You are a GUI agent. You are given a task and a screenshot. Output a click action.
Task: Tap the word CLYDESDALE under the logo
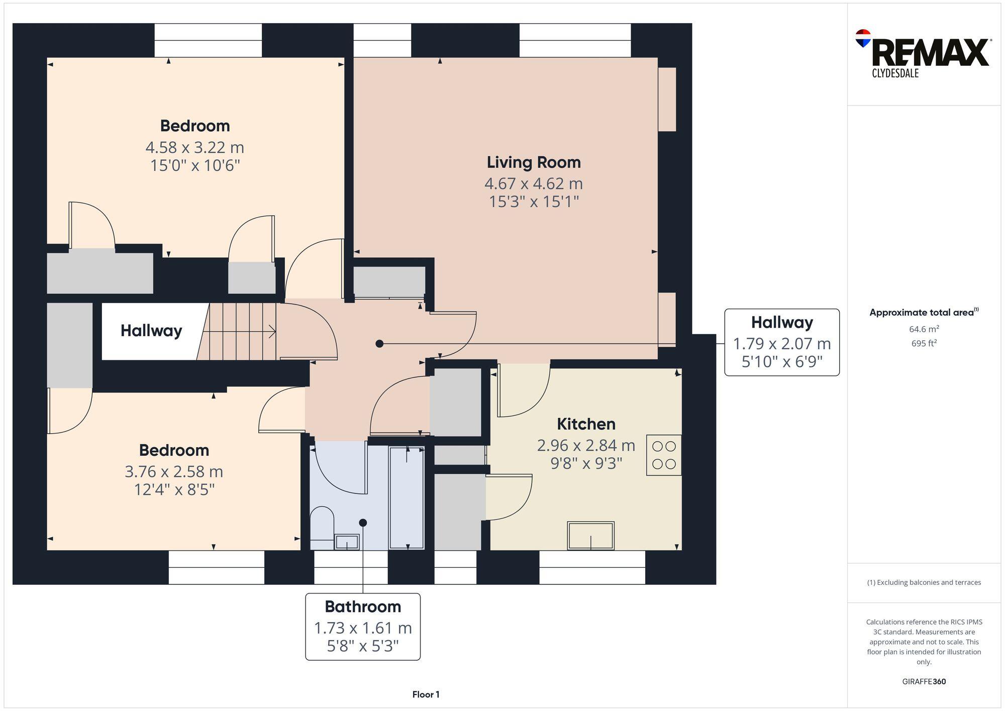click(x=895, y=73)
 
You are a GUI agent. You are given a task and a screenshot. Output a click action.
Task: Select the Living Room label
click(x=534, y=162)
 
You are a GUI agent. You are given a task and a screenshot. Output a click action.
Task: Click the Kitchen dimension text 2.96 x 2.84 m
click(x=586, y=445)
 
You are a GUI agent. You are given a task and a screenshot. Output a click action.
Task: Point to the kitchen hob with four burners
click(x=664, y=455)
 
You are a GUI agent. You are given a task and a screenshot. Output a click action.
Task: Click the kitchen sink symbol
click(x=590, y=536)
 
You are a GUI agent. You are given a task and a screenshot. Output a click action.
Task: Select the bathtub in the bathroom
click(x=407, y=497)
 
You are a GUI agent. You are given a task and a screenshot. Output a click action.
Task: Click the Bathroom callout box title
click(x=363, y=607)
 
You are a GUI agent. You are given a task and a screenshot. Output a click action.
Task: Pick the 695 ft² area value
click(x=924, y=344)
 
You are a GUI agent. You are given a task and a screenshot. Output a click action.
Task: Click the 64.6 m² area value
click(x=924, y=329)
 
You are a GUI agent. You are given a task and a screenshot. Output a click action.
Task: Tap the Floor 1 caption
click(x=426, y=694)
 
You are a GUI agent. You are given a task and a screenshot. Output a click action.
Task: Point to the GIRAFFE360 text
click(x=924, y=682)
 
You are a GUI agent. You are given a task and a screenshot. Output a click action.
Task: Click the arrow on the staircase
click(x=271, y=332)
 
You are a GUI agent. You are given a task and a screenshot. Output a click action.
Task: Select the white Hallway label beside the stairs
click(x=151, y=331)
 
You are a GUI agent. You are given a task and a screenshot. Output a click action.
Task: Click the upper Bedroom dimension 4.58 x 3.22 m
click(x=195, y=148)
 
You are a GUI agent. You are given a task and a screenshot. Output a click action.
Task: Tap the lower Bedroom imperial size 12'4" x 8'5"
click(x=174, y=489)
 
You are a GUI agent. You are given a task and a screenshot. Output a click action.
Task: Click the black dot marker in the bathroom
click(x=363, y=523)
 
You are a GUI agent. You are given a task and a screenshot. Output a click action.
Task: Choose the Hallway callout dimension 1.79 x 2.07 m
click(x=782, y=344)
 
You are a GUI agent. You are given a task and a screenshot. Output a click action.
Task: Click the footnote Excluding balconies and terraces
click(x=924, y=582)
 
